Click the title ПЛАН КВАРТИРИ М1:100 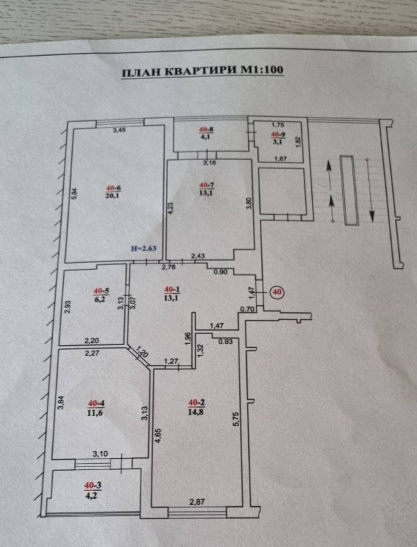point(203,70)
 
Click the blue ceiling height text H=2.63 point(144,248)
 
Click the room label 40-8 point(206,130)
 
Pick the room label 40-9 point(278,134)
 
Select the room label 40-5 point(101,291)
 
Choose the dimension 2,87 point(197,502)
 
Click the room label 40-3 point(93,485)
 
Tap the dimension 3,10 point(101,454)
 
